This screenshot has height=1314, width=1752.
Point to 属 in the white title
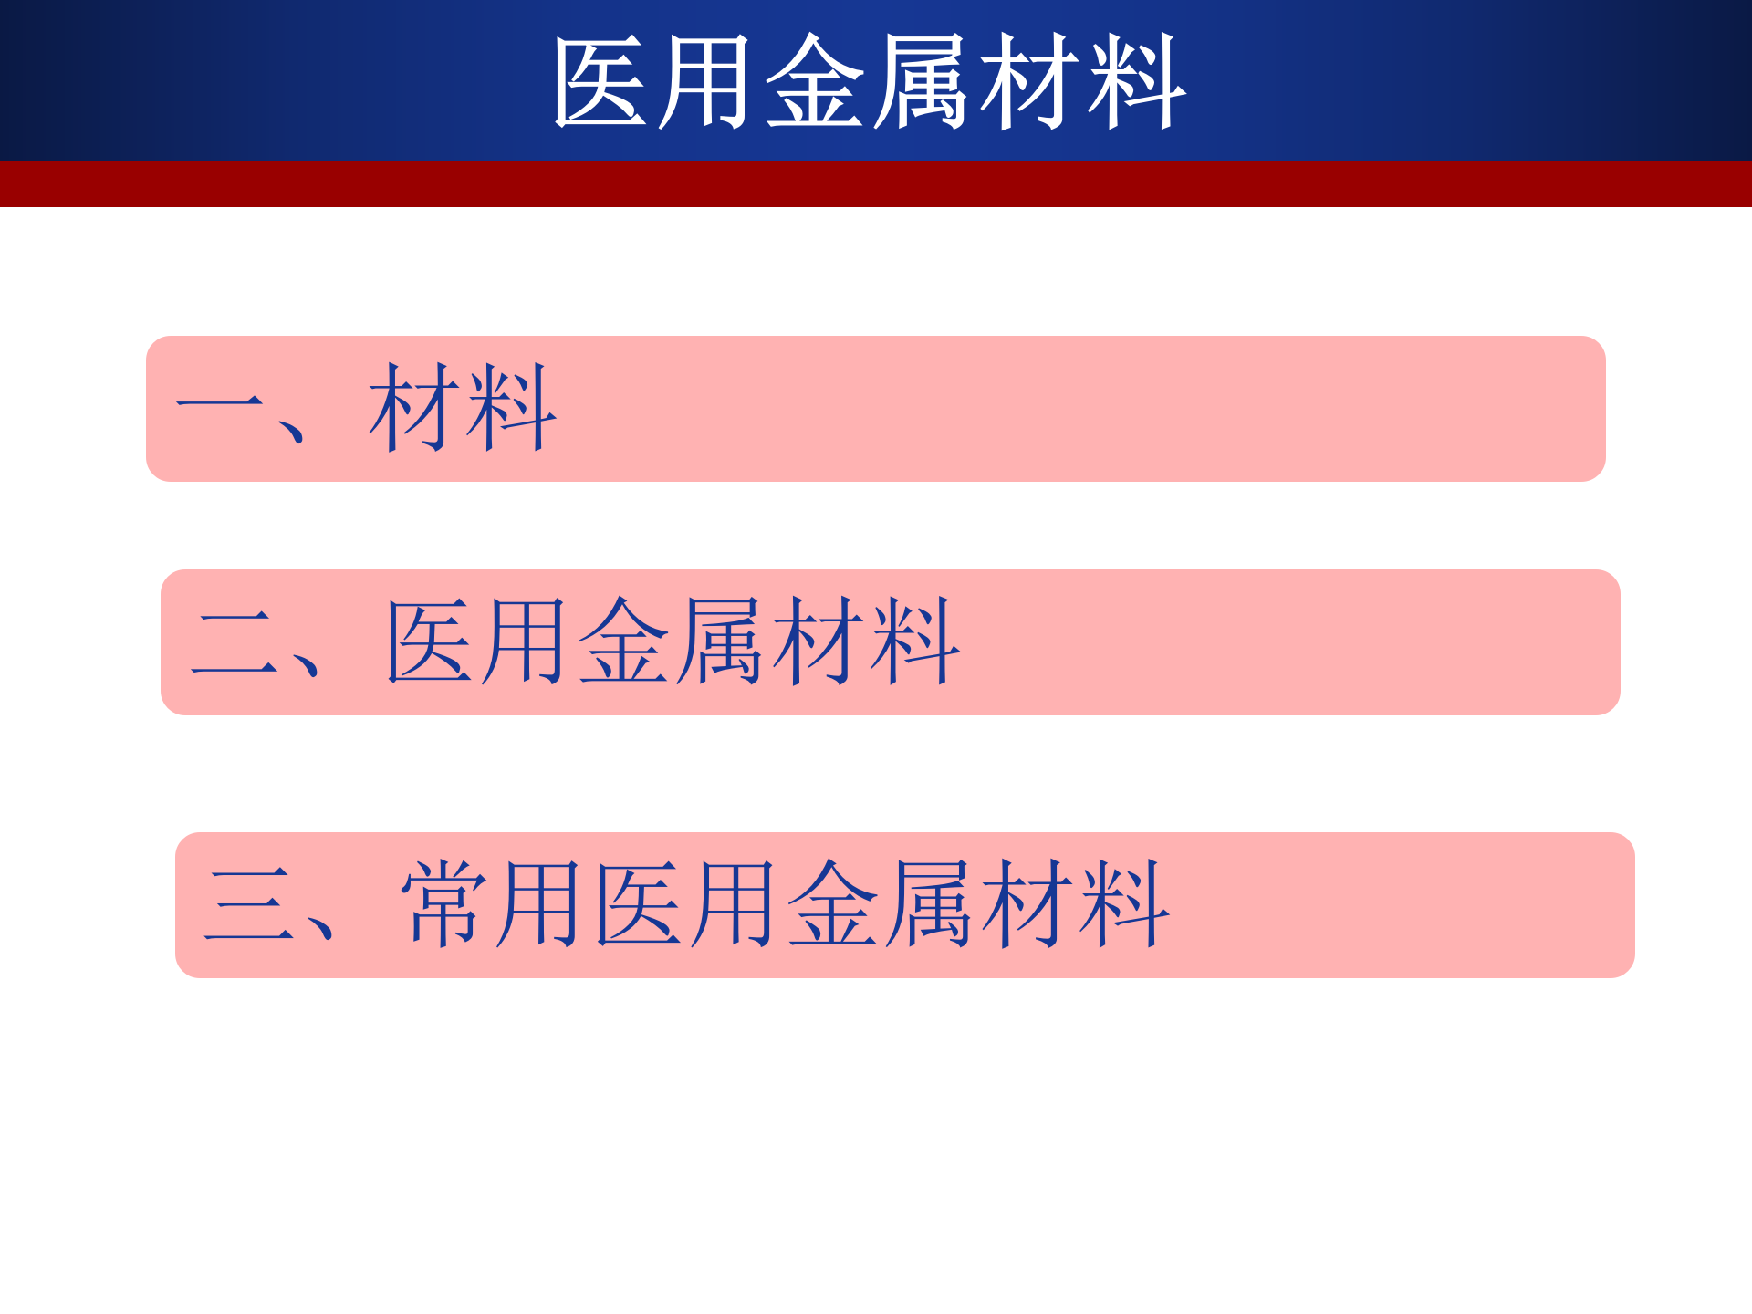[x=922, y=82]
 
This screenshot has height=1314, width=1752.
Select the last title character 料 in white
[x=1136, y=82]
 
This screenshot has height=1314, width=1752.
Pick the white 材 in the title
[x=1029, y=82]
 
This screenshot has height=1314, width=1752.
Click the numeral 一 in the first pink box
[x=220, y=402]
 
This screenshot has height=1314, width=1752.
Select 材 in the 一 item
[x=413, y=407]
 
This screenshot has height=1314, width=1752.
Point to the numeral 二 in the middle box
[x=235, y=642]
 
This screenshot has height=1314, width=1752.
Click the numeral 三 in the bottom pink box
[x=249, y=904]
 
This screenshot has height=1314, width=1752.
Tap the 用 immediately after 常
[x=539, y=904]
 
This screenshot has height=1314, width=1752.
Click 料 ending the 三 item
[x=1122, y=904]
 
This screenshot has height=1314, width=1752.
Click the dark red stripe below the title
[x=876, y=183]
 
